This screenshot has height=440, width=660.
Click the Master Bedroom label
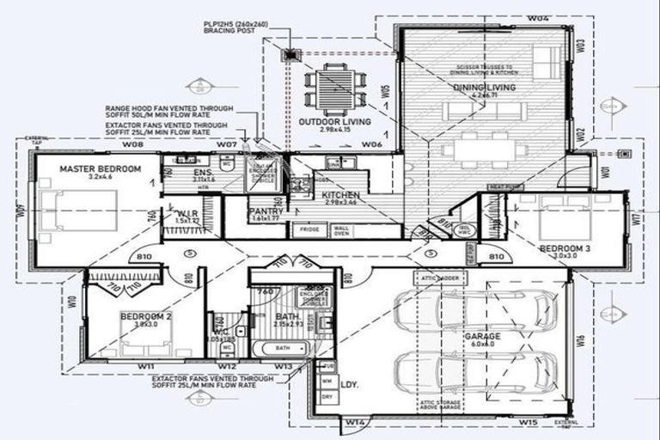pyautogui.click(x=100, y=169)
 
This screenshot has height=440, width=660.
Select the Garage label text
pyautogui.click(x=482, y=337)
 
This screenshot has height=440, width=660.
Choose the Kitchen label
pyautogui.click(x=341, y=196)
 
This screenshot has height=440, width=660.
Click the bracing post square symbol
pyautogui.click(x=290, y=55)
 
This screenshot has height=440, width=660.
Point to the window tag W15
pyautogui.click(x=528, y=422)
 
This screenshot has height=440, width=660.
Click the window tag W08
pyautogui.click(x=131, y=144)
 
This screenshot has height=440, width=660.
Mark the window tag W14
pyautogui.click(x=355, y=422)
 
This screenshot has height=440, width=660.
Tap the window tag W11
pyautogui.click(x=146, y=367)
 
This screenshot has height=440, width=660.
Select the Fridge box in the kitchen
pyautogui.click(x=306, y=229)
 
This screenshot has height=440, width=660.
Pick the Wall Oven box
pyautogui.click(x=341, y=229)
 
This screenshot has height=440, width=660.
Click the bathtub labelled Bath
pyautogui.click(x=281, y=348)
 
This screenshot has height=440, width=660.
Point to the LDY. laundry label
pyautogui.click(x=349, y=384)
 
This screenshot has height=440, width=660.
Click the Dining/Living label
pyautogui.click(x=485, y=88)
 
